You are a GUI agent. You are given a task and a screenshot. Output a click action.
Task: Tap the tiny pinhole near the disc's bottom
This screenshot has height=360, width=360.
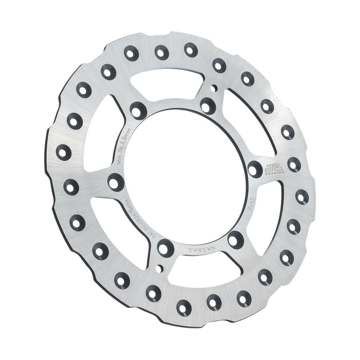point(159,268)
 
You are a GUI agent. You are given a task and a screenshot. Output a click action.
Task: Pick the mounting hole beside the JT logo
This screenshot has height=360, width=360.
point(255,168)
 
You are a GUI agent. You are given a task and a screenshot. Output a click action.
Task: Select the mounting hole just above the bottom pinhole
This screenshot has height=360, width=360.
point(164,247)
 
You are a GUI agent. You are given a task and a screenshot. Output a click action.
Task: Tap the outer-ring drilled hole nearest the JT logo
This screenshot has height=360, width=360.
point(294,164)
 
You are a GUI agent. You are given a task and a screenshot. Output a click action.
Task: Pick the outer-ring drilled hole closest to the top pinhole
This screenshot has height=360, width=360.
point(219,65)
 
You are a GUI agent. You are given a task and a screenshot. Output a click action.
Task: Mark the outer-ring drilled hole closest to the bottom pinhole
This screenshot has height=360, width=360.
point(153,293)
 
